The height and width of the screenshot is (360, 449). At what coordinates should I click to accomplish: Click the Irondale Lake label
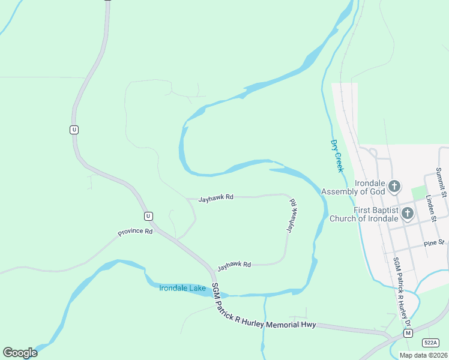tap(182, 288)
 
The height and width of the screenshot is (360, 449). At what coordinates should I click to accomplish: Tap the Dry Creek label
tap(337, 156)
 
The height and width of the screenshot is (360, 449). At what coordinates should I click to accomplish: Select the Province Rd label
tap(135, 232)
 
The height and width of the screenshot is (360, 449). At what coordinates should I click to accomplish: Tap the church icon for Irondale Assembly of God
tap(394, 186)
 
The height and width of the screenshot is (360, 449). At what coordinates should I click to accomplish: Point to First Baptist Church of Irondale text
tap(363, 214)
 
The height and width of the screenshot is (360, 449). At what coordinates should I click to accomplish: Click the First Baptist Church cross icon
tap(408, 213)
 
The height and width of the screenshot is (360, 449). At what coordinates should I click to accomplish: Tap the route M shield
tap(408, 332)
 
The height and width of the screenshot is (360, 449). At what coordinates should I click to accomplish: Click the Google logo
tap(20, 353)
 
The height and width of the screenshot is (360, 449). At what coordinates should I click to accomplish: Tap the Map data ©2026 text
tap(423, 355)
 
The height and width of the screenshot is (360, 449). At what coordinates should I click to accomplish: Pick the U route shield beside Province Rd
tap(148, 216)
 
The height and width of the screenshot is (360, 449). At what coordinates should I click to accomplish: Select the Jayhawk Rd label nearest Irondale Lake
tap(234, 264)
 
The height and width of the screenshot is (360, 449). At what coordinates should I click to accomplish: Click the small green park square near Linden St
tap(418, 193)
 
